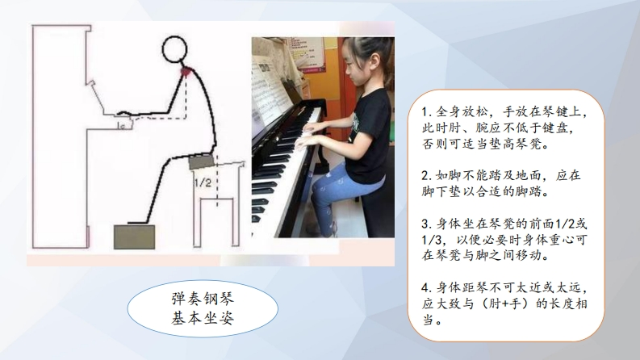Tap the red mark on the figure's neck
[186, 72]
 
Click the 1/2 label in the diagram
[203, 182]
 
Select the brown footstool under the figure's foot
[134, 237]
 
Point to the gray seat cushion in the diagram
[202, 162]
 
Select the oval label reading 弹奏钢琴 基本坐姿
[203, 308]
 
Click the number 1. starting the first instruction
[426, 112]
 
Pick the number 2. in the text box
[427, 176]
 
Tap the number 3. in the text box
[427, 224]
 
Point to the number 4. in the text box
[427, 288]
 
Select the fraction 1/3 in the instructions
[431, 240]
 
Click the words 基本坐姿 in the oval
[203, 318]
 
